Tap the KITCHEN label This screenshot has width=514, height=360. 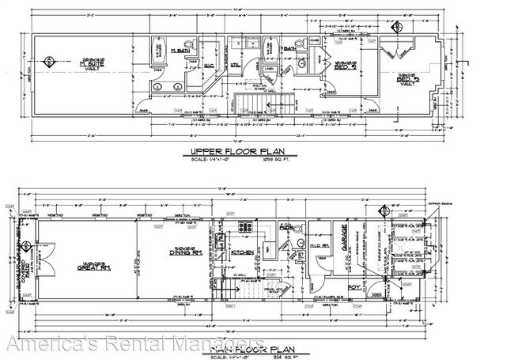tap(240, 253)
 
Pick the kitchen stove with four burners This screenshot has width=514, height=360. tap(245, 227)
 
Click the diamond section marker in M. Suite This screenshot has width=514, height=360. tap(51, 60)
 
